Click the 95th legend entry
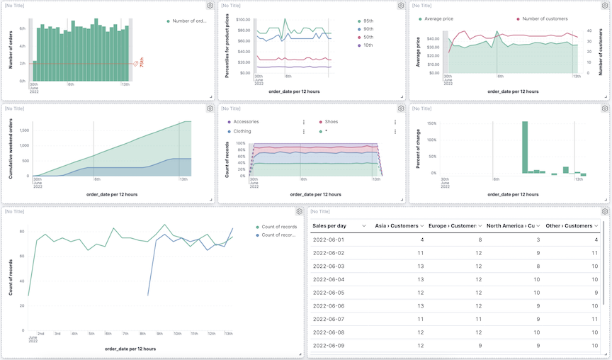[x=368, y=21]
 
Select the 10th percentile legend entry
[x=368, y=45]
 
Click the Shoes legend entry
[x=331, y=122]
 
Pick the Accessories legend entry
[x=246, y=122]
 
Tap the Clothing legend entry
[x=242, y=131]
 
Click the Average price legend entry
[x=438, y=19]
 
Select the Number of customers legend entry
[x=545, y=19]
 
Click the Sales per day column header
[x=329, y=225]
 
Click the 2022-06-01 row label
[x=328, y=240]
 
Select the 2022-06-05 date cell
[x=328, y=293]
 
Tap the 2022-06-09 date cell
[x=328, y=345]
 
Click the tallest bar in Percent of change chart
[x=525, y=147]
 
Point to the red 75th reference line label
[x=141, y=62]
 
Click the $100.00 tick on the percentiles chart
[x=243, y=20]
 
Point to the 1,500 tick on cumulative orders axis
[x=24, y=130]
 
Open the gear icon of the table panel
[x=604, y=211]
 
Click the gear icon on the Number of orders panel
[x=210, y=6]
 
